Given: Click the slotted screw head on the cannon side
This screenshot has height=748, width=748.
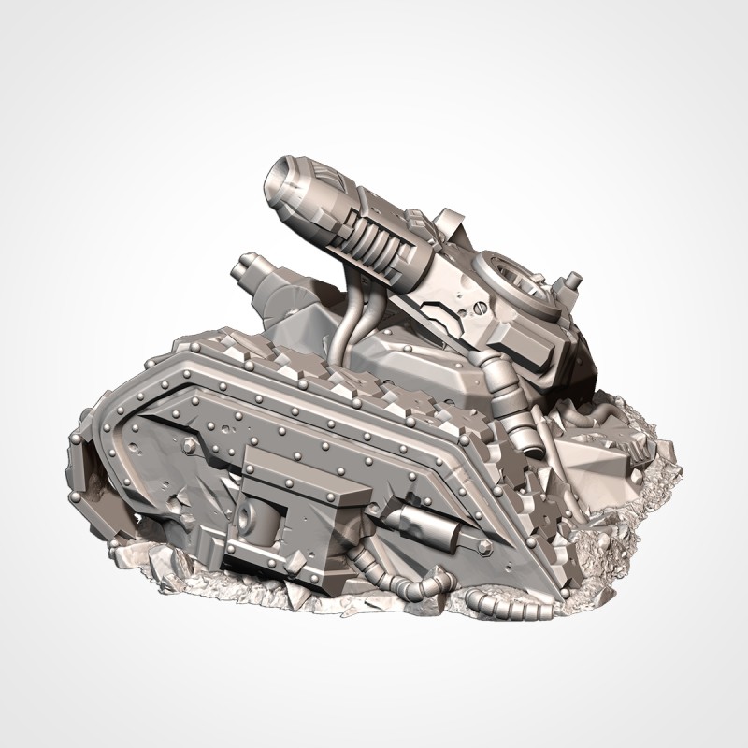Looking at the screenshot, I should coord(472,306).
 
